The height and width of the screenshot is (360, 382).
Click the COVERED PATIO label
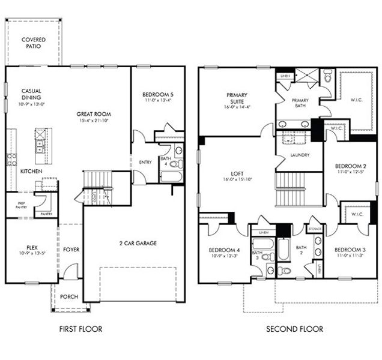pyautogui.click(x=34, y=43)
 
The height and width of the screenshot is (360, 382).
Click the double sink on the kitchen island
pyautogui.click(x=40, y=145)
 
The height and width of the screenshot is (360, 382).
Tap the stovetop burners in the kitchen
pyautogui.click(x=11, y=158)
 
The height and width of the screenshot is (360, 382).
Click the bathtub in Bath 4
pyautogui.click(x=171, y=176)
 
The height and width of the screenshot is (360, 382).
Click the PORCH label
pyautogui.click(x=70, y=296)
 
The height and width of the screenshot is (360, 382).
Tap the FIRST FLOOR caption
pyautogui.click(x=80, y=329)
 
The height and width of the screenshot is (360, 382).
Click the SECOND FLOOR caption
pyautogui.click(x=295, y=329)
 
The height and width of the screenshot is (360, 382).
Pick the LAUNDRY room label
pyautogui.click(x=299, y=154)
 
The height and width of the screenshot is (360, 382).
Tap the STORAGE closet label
pyautogui.click(x=315, y=229)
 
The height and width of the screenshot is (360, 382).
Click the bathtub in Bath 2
pyautogui.click(x=284, y=248)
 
